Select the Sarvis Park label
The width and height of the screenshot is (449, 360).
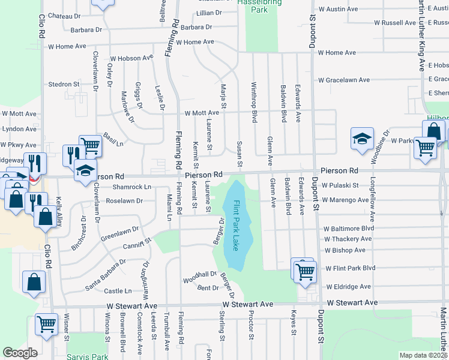point(88,355)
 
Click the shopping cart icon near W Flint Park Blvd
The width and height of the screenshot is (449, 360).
point(305,271)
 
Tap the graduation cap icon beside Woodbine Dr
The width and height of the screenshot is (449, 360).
point(362,139)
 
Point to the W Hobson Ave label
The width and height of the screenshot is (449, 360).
point(131,58)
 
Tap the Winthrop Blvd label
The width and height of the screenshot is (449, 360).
point(254,103)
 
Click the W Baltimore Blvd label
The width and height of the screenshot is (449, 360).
point(349,229)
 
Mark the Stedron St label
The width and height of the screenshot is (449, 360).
point(64,85)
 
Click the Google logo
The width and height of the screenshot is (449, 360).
point(20,352)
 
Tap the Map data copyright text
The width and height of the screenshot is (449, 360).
point(424,355)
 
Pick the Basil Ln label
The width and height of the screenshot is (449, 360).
point(113,139)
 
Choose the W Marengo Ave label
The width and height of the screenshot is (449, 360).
point(346,200)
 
